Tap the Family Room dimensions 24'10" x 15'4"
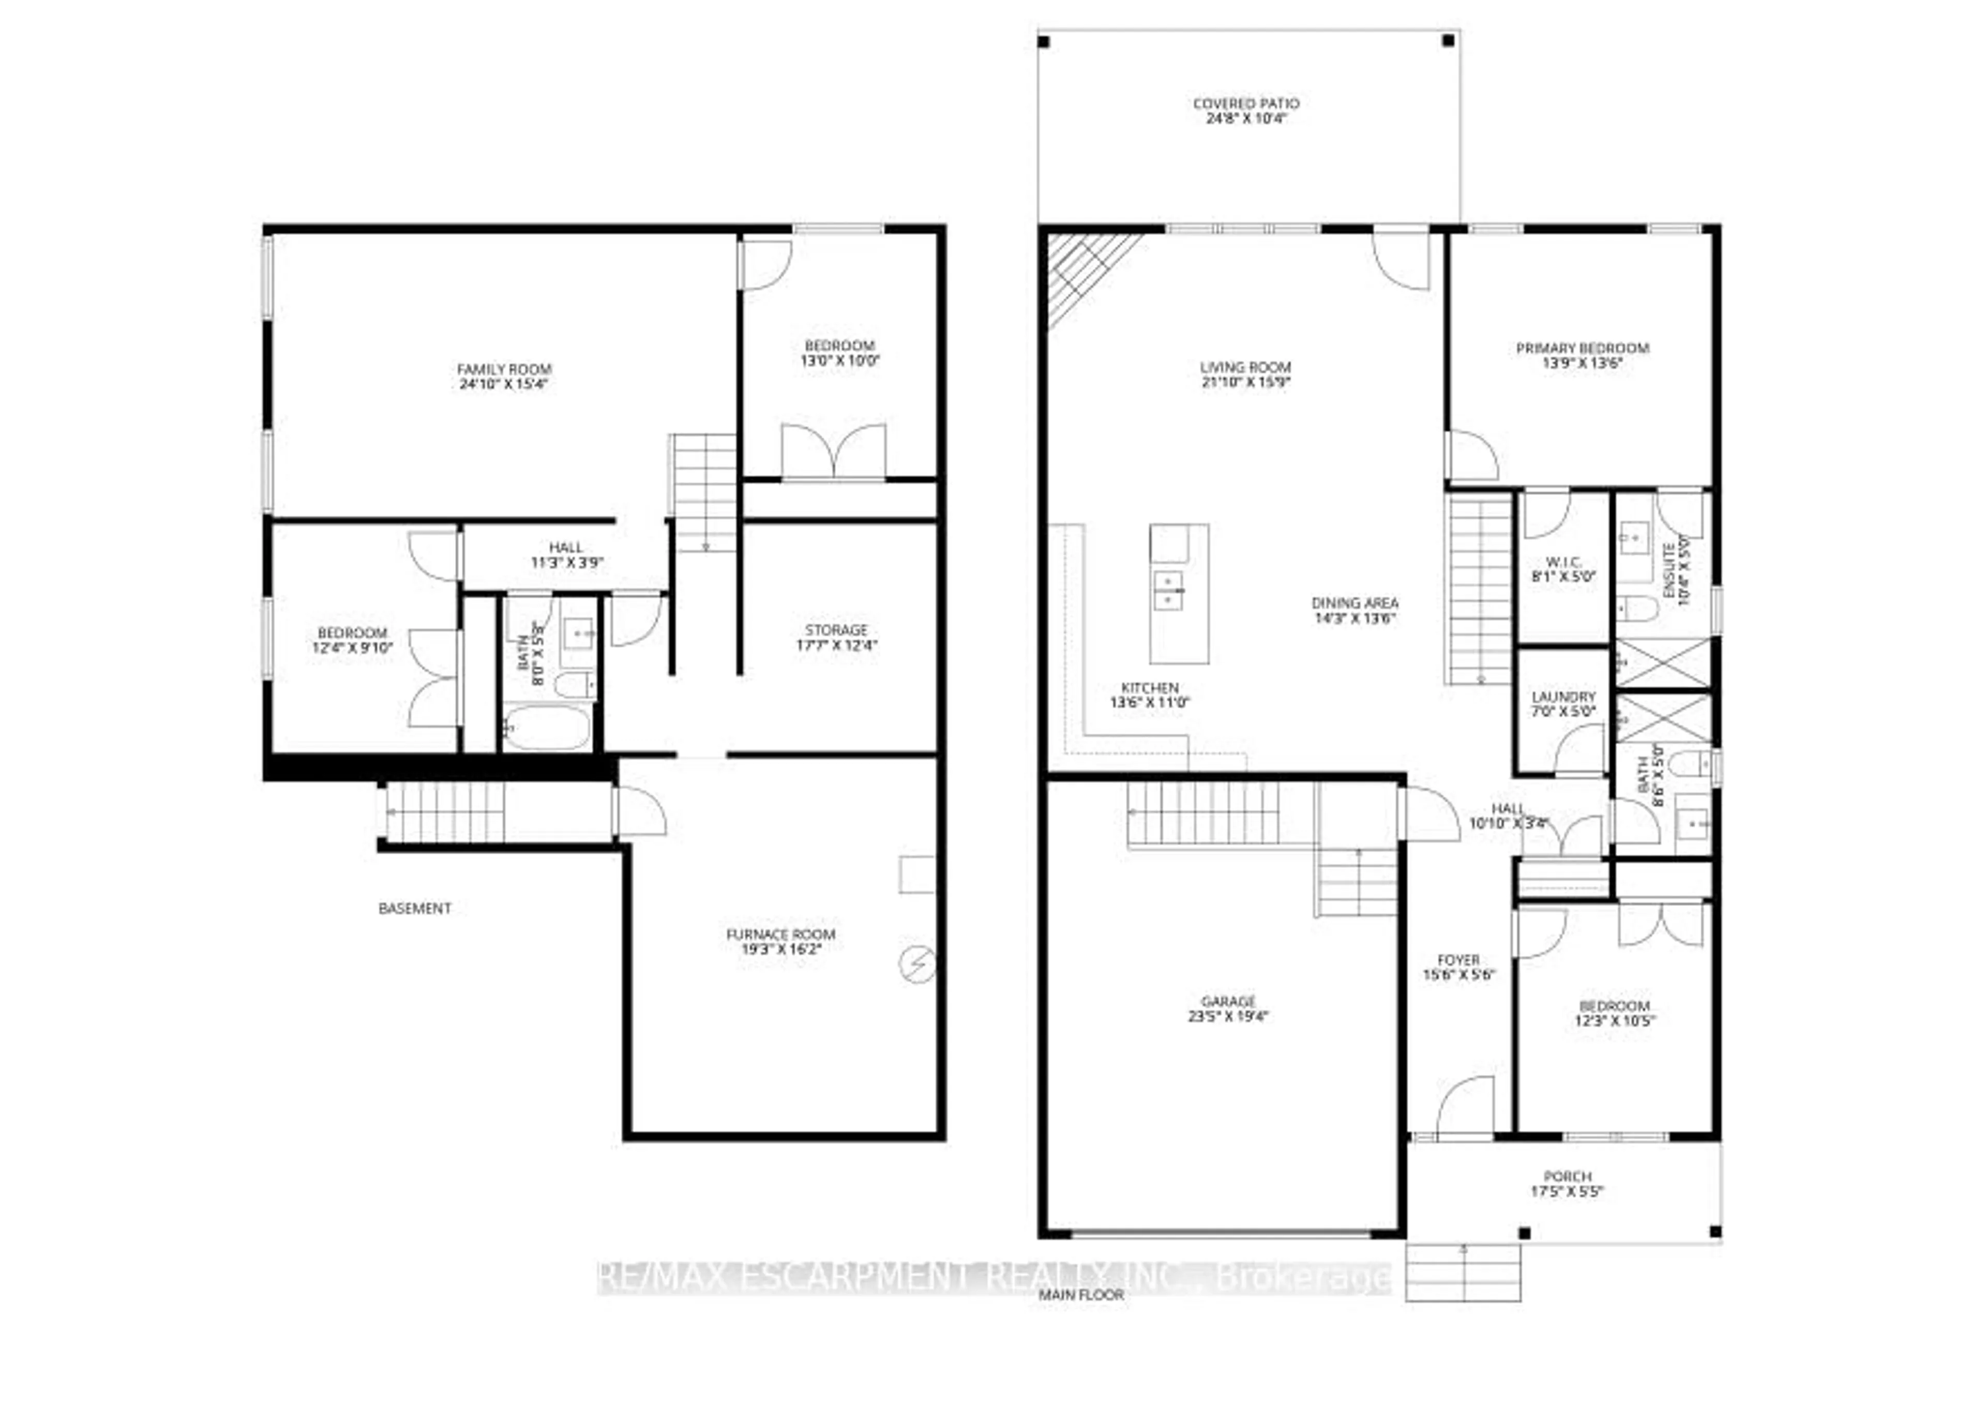(x=504, y=384)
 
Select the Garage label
(x=1228, y=1001)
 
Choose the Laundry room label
(x=1563, y=696)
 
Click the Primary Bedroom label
(x=1582, y=349)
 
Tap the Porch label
(x=1568, y=1177)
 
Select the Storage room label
(x=836, y=629)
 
